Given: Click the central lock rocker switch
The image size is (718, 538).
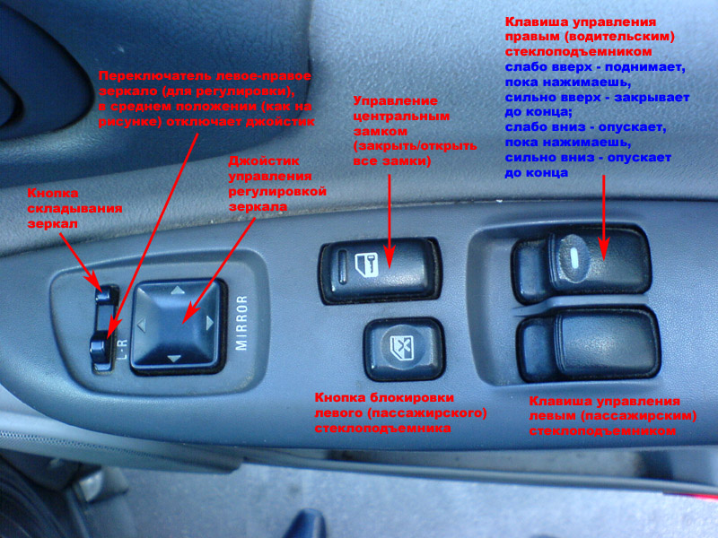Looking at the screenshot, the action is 380,271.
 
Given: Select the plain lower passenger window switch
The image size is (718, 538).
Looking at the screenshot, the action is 590,344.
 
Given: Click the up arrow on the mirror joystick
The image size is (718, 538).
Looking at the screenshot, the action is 178,290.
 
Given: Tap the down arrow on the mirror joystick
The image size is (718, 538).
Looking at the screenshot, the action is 173,359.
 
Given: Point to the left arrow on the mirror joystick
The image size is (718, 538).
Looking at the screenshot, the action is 142,325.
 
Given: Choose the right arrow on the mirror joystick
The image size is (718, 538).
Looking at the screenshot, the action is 210,323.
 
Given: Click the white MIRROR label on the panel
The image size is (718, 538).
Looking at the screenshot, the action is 241,323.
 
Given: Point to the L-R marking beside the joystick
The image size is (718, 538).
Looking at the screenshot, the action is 123,348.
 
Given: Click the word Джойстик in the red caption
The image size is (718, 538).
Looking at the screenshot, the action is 264,161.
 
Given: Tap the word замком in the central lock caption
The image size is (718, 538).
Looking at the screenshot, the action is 380,131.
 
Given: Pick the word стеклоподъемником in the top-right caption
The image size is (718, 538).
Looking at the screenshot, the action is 578,52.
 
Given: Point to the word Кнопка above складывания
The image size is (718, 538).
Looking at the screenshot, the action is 53,193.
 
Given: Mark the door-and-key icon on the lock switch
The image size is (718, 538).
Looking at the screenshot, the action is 367,265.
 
